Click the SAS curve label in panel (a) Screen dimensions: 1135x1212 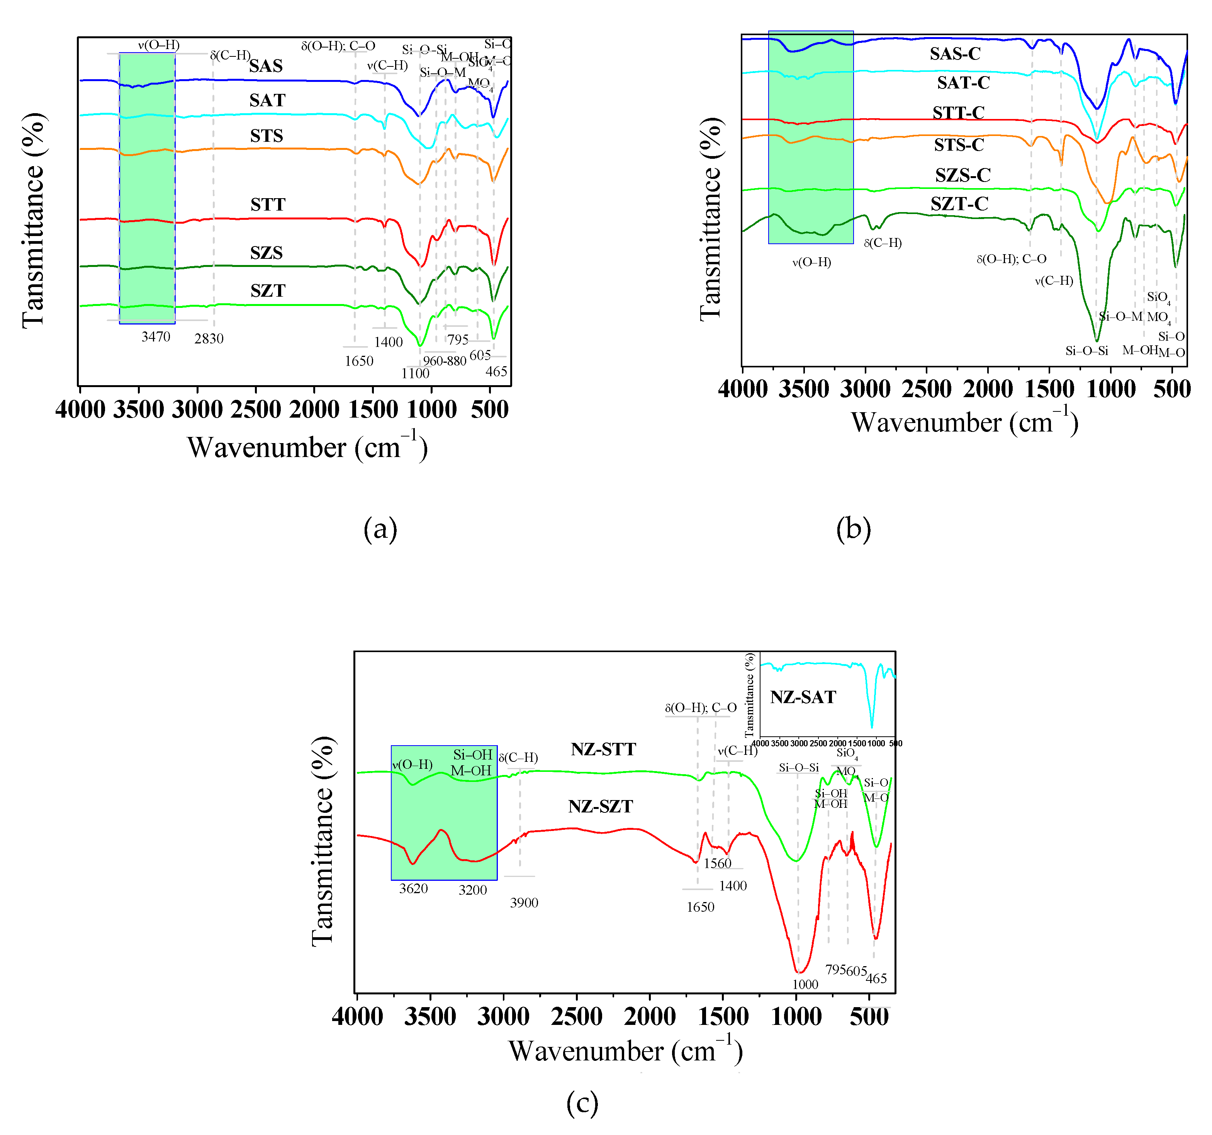(266, 66)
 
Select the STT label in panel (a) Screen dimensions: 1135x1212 (268, 204)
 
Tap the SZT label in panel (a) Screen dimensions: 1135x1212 (268, 291)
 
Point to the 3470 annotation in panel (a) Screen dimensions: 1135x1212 (156, 336)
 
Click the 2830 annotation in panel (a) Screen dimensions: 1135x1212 (209, 338)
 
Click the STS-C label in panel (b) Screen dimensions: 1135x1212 (959, 145)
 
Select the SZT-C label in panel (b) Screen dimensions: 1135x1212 (959, 204)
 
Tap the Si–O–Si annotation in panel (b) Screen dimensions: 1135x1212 (1086, 351)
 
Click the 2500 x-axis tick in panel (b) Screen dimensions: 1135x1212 (927, 389)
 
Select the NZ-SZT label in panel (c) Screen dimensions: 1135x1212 (601, 806)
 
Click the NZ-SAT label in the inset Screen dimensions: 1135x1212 (803, 697)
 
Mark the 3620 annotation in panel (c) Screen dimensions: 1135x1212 (413, 889)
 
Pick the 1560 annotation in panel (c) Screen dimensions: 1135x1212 (718, 863)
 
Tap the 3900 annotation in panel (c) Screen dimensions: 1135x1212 (524, 903)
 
